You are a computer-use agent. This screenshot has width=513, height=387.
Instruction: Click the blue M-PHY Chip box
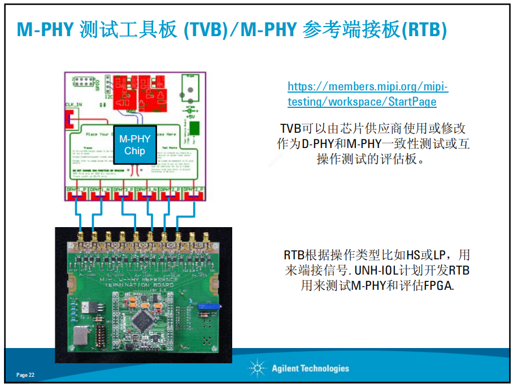(x=134, y=145)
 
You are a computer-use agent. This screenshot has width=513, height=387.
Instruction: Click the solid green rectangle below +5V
(x=194, y=128)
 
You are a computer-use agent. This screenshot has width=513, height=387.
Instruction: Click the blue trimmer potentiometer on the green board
(x=204, y=306)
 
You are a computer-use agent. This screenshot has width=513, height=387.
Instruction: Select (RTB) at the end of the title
(x=424, y=29)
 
